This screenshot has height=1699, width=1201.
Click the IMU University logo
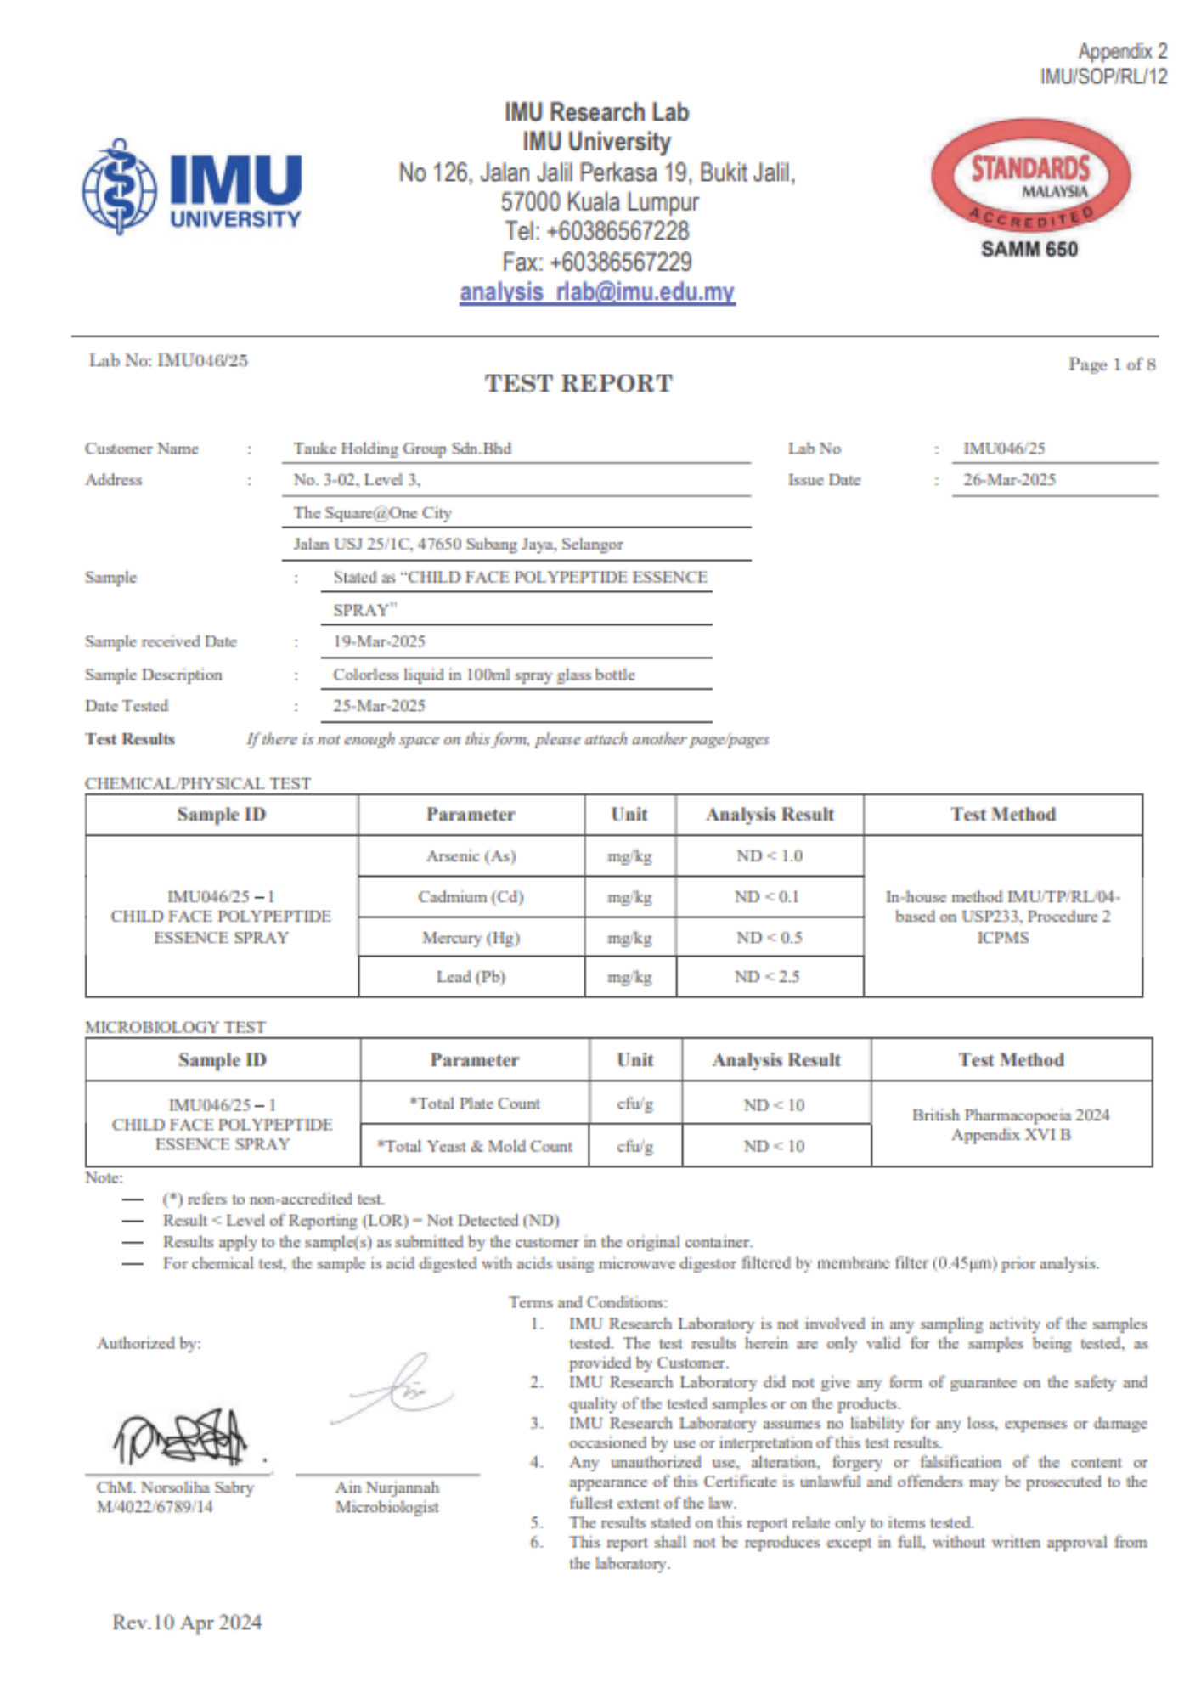point(192,187)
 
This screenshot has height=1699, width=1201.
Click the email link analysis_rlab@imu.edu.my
point(597,292)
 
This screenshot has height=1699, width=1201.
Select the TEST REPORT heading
point(578,383)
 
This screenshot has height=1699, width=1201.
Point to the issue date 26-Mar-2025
point(1009,480)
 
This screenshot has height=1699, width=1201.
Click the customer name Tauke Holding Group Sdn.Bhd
point(403,449)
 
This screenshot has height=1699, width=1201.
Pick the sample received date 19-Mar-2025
point(379,641)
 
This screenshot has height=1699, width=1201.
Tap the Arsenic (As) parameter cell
point(471,856)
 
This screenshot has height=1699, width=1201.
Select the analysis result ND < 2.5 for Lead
point(768,977)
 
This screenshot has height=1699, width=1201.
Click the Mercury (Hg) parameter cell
point(471,938)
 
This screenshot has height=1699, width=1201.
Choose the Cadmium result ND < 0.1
point(768,897)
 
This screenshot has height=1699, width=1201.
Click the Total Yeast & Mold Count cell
point(475,1146)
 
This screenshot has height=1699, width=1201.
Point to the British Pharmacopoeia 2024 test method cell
point(1011,1124)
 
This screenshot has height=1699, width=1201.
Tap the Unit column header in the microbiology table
point(634,1060)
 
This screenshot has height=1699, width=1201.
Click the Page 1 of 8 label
point(1111,364)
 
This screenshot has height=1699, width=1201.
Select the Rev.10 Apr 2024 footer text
point(187,1623)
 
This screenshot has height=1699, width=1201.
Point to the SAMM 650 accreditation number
point(1029,250)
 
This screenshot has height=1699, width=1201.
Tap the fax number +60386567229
point(597,262)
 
